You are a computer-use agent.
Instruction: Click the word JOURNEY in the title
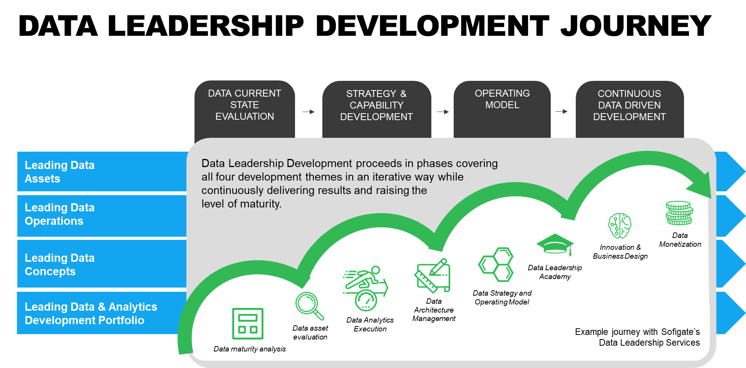[x=635, y=26]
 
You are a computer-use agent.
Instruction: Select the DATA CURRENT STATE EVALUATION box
[x=245, y=109]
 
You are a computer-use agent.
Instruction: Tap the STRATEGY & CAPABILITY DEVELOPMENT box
[x=377, y=109]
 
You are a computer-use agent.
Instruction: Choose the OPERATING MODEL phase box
[x=502, y=109]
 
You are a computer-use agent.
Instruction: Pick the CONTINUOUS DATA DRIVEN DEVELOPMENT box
[x=630, y=109]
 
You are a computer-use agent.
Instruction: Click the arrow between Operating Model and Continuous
[x=562, y=112]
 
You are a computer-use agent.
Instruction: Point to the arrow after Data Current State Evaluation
[x=308, y=112]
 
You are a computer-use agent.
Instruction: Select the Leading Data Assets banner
[x=102, y=172]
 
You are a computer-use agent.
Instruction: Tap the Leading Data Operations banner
[x=102, y=216]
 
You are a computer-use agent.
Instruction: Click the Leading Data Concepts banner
[x=102, y=264]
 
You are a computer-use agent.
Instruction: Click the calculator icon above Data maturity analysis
[x=248, y=323]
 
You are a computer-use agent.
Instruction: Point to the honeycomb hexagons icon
[x=496, y=264]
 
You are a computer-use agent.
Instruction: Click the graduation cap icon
[x=555, y=244]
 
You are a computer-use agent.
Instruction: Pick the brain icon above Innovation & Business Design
[x=620, y=226]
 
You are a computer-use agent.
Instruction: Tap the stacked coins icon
[x=679, y=213]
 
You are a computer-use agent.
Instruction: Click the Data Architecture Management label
[x=434, y=310]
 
